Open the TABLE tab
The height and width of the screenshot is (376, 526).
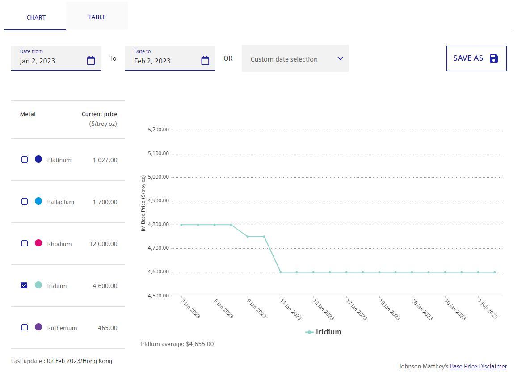click(x=97, y=17)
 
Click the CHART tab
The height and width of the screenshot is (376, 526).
click(x=36, y=17)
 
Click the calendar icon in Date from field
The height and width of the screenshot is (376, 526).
click(x=91, y=61)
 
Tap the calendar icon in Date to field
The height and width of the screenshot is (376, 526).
click(x=205, y=61)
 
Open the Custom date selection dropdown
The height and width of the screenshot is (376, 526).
click(x=295, y=59)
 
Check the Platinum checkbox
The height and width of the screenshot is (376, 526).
click(x=25, y=159)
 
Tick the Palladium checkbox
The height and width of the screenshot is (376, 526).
click(x=25, y=201)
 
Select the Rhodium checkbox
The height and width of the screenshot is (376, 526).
click(x=25, y=243)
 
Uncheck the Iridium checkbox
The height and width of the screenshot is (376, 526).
click(x=25, y=285)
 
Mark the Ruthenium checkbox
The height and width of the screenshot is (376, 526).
click(x=25, y=327)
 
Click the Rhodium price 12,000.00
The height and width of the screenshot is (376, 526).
click(x=103, y=244)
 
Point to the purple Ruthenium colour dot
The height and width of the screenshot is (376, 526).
click(x=38, y=327)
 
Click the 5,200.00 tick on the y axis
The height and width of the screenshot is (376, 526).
click(x=158, y=130)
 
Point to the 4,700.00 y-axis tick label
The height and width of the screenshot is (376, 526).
click(x=158, y=248)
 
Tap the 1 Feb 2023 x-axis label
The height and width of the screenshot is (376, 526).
click(x=487, y=309)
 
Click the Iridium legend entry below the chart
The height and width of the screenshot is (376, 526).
click(x=324, y=332)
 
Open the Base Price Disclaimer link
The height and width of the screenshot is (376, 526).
click(x=478, y=366)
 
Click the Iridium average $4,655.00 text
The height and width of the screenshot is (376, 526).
click(x=177, y=344)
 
